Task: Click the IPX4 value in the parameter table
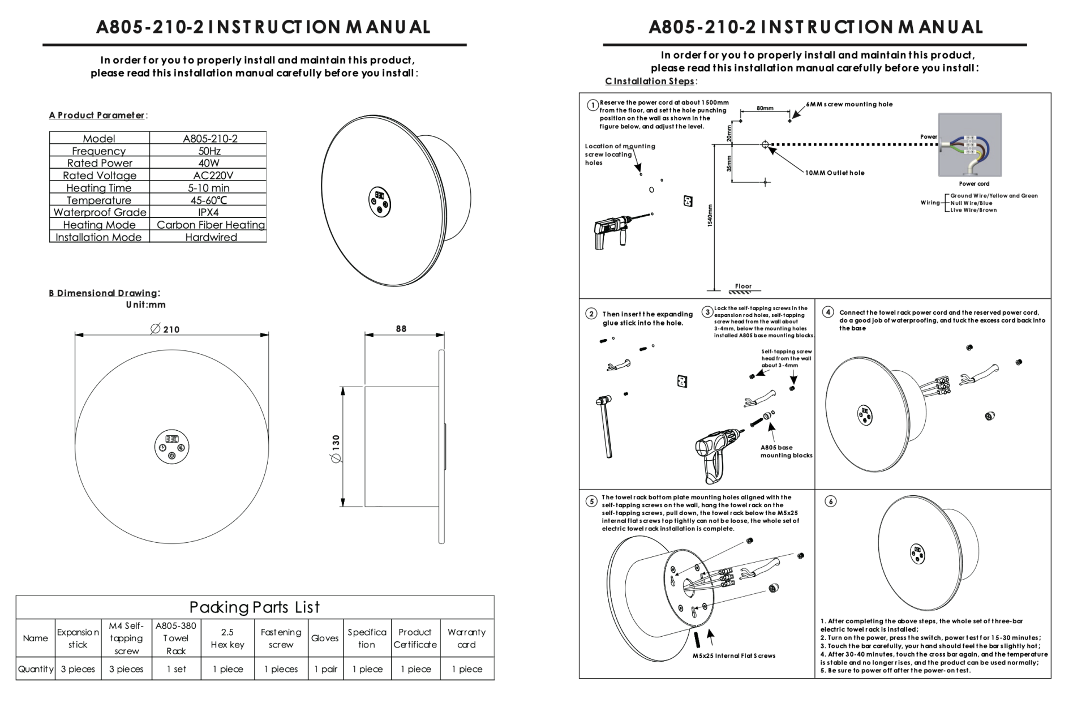tap(208, 212)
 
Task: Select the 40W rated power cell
tap(209, 163)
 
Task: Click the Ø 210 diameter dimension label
tap(165, 329)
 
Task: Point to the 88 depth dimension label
tap(401, 328)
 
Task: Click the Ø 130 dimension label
tap(336, 449)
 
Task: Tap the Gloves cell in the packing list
tap(325, 638)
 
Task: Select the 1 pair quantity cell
tap(326, 669)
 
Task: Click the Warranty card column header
tap(466, 638)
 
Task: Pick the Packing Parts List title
tap(255, 607)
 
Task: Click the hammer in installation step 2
tap(605, 426)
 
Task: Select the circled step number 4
tap(828, 312)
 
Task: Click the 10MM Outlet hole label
tap(835, 173)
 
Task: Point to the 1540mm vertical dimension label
tap(710, 216)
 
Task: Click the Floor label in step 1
tap(743, 286)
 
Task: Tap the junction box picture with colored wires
tap(970, 145)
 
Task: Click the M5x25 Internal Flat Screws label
tap(734, 656)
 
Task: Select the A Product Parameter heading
tap(97, 115)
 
